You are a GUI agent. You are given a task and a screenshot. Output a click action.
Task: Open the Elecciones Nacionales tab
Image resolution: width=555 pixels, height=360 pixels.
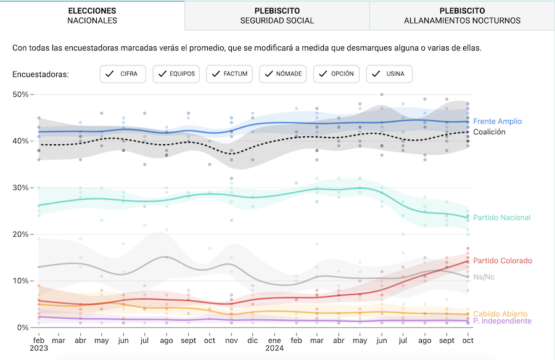[x=92, y=15]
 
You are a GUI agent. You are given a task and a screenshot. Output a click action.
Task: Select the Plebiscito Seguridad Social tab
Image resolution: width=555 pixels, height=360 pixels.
[x=277, y=15]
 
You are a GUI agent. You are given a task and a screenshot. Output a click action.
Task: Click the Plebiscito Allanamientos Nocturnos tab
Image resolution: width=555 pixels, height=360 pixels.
[x=462, y=15]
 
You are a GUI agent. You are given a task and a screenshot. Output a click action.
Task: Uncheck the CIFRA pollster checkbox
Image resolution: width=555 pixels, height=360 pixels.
[x=123, y=74]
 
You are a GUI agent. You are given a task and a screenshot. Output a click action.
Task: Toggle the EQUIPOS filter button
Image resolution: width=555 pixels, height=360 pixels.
[x=176, y=74]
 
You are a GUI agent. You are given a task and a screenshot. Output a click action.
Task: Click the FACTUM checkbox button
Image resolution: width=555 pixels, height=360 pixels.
[x=229, y=74]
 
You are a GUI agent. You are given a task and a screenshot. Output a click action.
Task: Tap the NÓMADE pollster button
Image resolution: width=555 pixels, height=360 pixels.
[x=283, y=74]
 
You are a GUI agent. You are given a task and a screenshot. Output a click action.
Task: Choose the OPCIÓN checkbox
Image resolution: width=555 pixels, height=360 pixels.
[x=336, y=74]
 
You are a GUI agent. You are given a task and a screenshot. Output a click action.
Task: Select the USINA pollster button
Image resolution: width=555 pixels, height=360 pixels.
[x=389, y=74]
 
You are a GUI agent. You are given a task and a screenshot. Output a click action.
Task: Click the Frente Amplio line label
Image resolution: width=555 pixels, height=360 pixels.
[x=497, y=121]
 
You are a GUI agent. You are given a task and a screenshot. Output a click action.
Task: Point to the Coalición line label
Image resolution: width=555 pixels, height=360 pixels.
[x=489, y=132]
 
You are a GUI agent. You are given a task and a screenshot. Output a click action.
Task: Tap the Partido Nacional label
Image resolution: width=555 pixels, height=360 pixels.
[x=501, y=218]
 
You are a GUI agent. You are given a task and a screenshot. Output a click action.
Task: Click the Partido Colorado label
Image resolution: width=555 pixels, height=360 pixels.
[x=502, y=261]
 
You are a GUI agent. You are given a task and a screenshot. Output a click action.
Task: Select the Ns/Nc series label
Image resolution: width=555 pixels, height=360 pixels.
[x=483, y=277]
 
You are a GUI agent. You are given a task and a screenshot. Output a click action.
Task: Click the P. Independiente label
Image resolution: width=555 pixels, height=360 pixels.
[x=502, y=321]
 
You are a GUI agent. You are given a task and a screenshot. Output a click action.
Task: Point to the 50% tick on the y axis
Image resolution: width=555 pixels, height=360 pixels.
[x=20, y=94]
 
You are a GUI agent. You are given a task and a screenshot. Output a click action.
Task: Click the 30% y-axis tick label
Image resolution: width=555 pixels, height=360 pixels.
[x=20, y=187]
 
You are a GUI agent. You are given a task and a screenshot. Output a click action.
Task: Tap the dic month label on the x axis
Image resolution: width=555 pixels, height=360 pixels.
[x=253, y=340]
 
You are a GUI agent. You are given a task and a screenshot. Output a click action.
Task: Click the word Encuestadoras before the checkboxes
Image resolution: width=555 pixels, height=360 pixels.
[x=41, y=75]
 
